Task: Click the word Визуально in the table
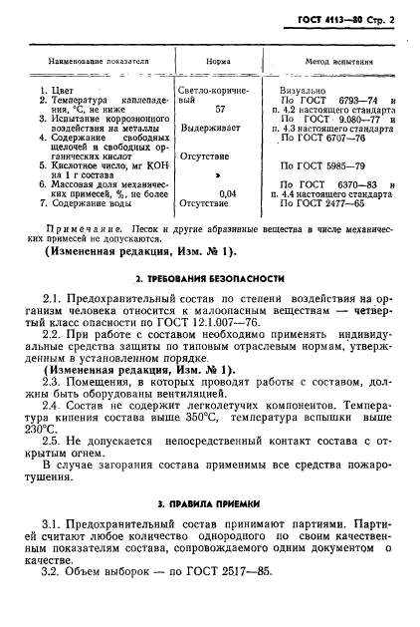[x=307, y=91]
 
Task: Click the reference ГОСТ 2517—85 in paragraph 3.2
[x=213, y=600]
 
